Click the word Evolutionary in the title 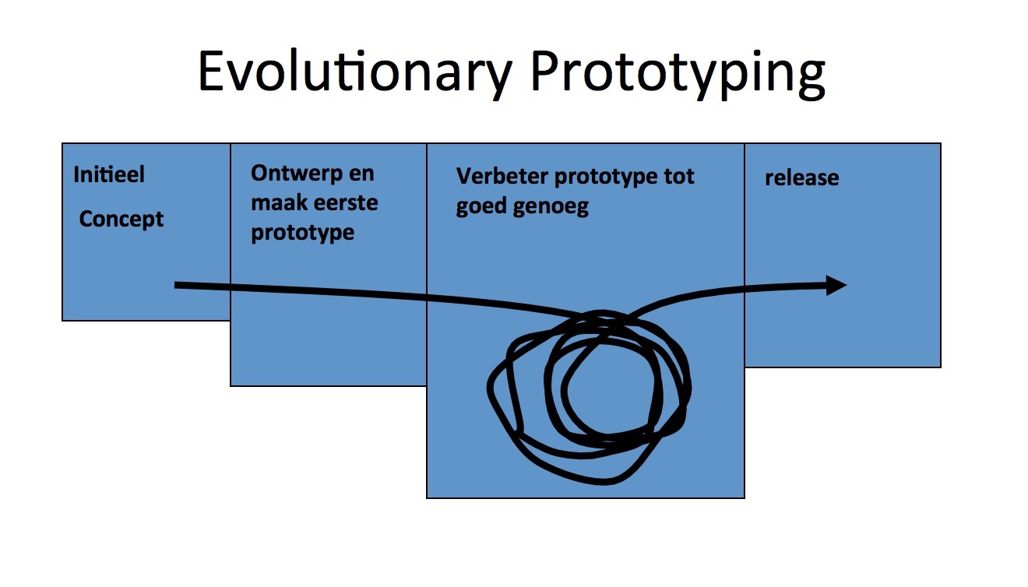(355, 73)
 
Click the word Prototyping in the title (678, 73)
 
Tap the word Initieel (109, 174)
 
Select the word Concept (121, 220)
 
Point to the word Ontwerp (297, 174)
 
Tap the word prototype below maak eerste (302, 233)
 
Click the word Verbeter (502, 176)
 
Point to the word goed (481, 206)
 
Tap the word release (801, 178)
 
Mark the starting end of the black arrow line (176, 285)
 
